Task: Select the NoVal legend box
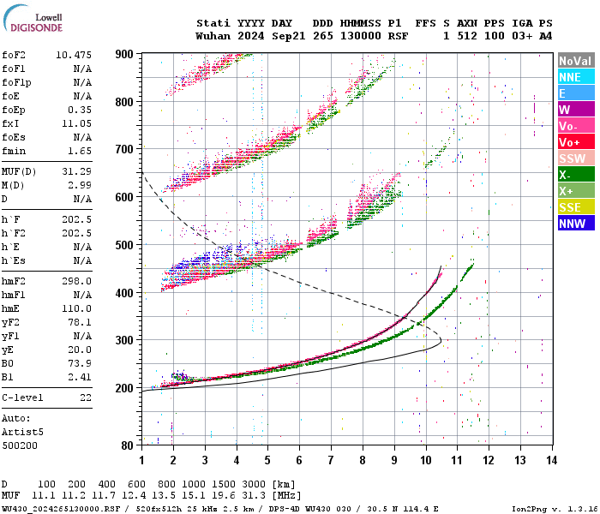click(x=575, y=61)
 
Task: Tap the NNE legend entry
click(x=575, y=77)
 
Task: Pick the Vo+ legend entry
click(x=575, y=142)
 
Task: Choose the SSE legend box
click(x=575, y=207)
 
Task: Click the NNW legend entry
click(x=575, y=224)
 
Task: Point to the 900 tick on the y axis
click(x=124, y=54)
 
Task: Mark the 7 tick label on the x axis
click(x=331, y=460)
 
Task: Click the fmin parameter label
click(x=15, y=151)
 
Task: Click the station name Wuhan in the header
click(x=213, y=36)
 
